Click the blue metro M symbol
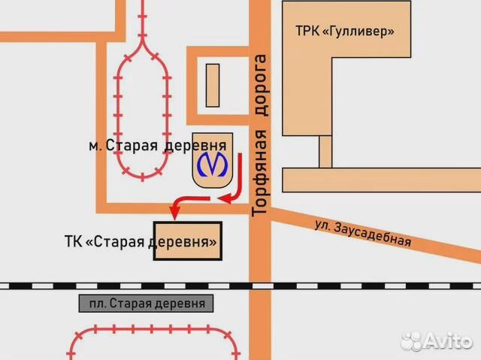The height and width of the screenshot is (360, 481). (213, 166)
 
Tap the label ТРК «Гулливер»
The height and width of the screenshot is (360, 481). (345, 32)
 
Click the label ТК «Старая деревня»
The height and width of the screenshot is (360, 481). (141, 243)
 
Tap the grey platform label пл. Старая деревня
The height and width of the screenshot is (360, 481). (147, 303)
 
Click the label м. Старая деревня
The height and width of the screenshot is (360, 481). (157, 145)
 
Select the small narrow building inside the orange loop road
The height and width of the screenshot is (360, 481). (213, 85)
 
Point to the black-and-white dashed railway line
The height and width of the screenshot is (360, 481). (240, 286)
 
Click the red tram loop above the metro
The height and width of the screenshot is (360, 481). (142, 105)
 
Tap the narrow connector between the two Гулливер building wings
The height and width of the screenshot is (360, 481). (325, 151)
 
